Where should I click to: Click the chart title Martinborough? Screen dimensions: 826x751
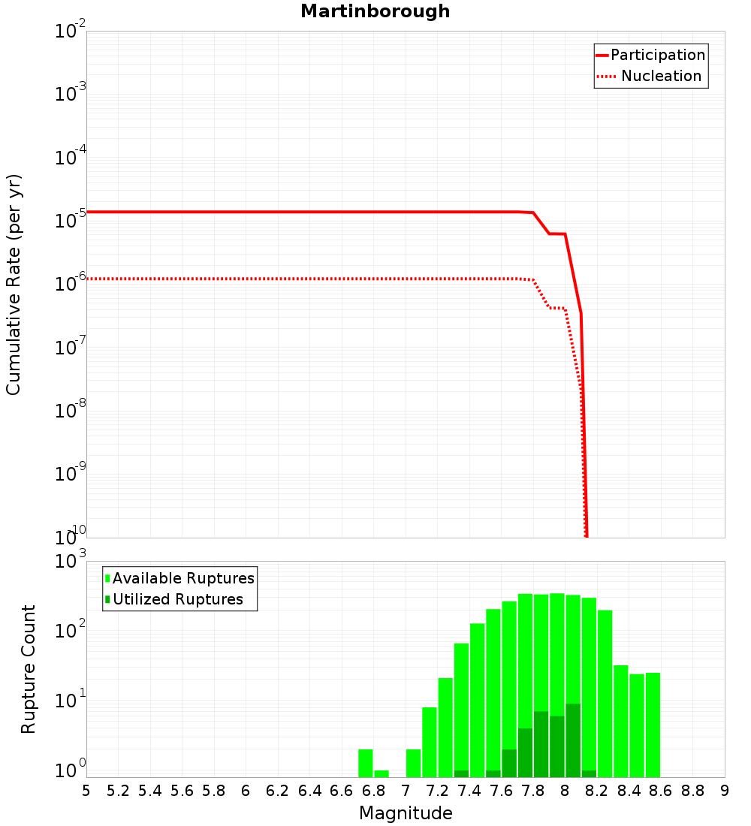(375, 11)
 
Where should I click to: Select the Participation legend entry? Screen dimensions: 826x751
(657, 55)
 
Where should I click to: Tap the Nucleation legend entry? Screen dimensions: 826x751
(660, 76)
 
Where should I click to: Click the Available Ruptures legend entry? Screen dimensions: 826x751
(183, 578)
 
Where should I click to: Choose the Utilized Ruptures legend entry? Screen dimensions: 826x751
(177, 599)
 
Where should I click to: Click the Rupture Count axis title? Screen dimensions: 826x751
(29, 669)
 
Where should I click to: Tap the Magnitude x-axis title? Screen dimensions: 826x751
(406, 813)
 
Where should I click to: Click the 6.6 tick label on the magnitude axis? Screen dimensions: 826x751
(342, 790)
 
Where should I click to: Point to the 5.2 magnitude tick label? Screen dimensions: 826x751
(118, 790)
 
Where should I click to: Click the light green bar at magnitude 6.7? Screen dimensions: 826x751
(366, 763)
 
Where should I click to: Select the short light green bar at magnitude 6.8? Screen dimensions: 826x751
(382, 773)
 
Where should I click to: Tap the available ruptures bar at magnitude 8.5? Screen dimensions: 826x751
(637, 725)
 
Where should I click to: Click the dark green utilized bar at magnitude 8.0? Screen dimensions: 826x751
(573, 740)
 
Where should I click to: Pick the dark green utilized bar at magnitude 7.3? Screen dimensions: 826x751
(461, 773)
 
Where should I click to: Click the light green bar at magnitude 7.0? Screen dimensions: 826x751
(413, 763)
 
